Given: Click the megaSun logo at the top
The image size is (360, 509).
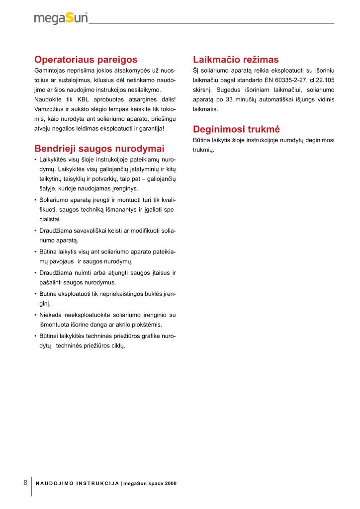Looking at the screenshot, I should [x=61, y=18].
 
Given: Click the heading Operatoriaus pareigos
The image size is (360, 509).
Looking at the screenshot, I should [x=86, y=60].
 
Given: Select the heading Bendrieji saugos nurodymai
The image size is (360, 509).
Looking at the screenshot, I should [x=99, y=149].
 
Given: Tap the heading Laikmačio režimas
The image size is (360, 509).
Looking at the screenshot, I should [x=236, y=60].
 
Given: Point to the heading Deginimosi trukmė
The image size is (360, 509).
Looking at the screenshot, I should [x=236, y=130].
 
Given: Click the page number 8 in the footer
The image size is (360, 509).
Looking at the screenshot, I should [x=25, y=483].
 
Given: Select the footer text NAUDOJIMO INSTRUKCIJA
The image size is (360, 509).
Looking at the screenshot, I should [x=77, y=483].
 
